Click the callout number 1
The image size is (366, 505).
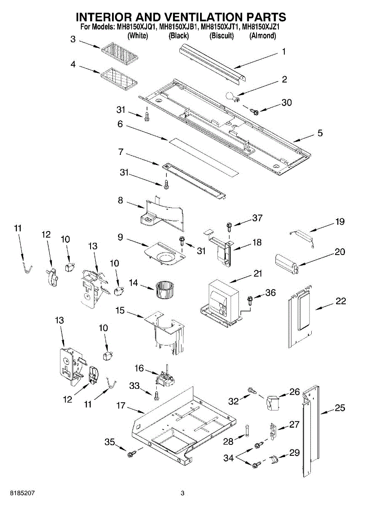[283, 51]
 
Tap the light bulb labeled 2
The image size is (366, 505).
[232, 97]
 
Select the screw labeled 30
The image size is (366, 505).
[254, 111]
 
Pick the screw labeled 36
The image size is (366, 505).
[250, 300]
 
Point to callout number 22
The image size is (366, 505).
[341, 301]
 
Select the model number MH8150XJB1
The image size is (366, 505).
[179, 27]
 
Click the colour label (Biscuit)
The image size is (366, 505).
[222, 36]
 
